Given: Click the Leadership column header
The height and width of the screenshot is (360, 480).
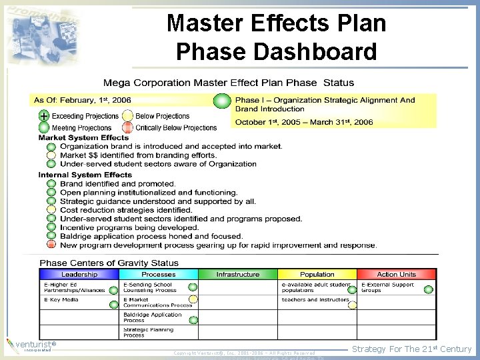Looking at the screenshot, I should coord(79,274).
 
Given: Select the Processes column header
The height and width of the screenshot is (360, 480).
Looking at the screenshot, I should coord(159,274).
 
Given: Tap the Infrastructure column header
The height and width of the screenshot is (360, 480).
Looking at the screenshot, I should coord(238,274).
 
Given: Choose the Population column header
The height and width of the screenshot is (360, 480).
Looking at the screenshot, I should coord(317,274).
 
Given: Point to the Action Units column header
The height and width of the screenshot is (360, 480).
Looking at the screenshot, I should coord(397,274).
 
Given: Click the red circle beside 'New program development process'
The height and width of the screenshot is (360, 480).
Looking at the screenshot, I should coord(51,245).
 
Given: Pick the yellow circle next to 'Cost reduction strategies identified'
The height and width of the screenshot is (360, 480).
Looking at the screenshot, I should coord(51,210).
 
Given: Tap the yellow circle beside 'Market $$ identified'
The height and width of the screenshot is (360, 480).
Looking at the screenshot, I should coord(51,155).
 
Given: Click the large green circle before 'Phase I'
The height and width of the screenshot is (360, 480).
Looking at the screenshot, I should coord(222,101).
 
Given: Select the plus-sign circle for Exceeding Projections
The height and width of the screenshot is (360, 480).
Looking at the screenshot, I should coord(43,116).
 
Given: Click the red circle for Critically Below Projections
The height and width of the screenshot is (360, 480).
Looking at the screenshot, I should coord(128,127).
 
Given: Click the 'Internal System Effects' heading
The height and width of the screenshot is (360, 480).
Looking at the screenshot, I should coord(85,175).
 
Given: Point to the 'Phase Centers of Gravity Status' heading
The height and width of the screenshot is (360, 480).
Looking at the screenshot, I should coord(109,263).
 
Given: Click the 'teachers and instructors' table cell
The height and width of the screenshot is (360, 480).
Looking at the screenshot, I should coord(315,300).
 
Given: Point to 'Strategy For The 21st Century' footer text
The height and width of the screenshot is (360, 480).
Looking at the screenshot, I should coord(411,349).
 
